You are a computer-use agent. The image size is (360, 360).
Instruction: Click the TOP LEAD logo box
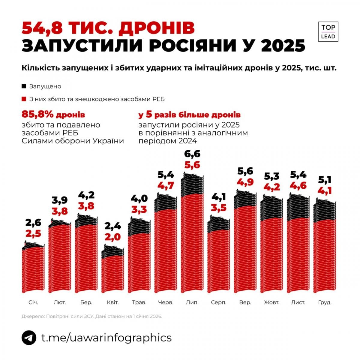click(328, 31)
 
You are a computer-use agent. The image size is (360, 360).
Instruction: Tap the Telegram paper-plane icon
click(29, 337)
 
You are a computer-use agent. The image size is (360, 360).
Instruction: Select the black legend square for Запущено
click(24, 86)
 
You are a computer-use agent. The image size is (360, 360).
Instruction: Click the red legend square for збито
click(24, 99)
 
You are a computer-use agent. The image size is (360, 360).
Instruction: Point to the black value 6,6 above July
click(192, 154)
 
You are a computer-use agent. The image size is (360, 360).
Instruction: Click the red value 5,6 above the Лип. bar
click(192, 165)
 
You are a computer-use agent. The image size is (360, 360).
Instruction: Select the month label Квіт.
click(113, 302)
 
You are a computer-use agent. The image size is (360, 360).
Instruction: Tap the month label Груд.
click(325, 302)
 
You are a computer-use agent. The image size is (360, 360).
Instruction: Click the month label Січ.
click(33, 302)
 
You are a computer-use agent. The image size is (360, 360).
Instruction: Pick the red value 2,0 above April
click(113, 237)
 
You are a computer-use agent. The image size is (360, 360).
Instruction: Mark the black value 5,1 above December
click(325, 180)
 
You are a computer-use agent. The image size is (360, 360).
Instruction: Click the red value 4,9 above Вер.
click(245, 182)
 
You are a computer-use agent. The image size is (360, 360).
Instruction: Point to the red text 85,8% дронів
click(53, 115)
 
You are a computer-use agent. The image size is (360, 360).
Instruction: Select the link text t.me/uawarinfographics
click(106, 337)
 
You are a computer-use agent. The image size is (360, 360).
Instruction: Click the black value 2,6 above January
click(33, 223)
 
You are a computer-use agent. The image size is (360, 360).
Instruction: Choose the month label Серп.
click(218, 302)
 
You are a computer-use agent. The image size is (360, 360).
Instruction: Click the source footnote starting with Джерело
click(92, 316)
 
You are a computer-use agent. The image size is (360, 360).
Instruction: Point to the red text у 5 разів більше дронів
click(189, 115)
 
